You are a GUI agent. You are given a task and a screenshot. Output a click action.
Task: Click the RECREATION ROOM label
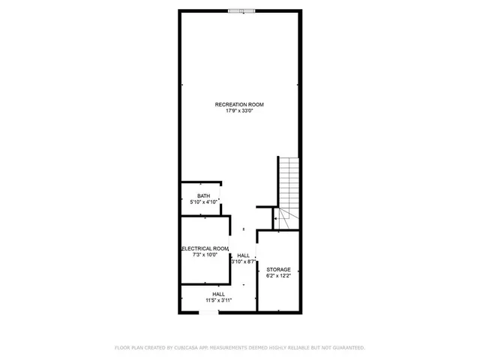(x=239, y=104)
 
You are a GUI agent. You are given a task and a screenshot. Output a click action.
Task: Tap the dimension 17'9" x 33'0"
(x=239, y=111)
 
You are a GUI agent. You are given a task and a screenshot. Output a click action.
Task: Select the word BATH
(x=204, y=196)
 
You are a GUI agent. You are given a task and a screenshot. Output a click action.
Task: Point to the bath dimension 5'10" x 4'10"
(x=204, y=202)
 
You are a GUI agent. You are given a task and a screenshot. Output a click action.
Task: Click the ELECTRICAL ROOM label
(x=204, y=248)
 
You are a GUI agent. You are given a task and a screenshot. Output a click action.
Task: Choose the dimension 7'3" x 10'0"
(x=204, y=255)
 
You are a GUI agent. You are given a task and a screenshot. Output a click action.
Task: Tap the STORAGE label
(x=278, y=269)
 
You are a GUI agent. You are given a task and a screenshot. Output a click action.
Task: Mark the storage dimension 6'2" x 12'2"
(x=278, y=276)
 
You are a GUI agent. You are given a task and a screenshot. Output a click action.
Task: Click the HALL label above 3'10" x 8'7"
(x=244, y=255)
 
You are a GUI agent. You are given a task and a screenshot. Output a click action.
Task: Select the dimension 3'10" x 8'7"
(x=244, y=262)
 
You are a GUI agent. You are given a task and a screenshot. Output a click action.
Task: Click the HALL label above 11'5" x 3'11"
(x=218, y=294)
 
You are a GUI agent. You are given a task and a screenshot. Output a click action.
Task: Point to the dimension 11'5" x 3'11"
(x=218, y=301)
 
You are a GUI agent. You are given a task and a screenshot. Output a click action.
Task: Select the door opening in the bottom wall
(x=209, y=311)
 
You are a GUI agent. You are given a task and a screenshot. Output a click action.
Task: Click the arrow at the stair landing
(x=275, y=219)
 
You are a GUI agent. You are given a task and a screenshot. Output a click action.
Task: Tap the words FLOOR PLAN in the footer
(x=128, y=347)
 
